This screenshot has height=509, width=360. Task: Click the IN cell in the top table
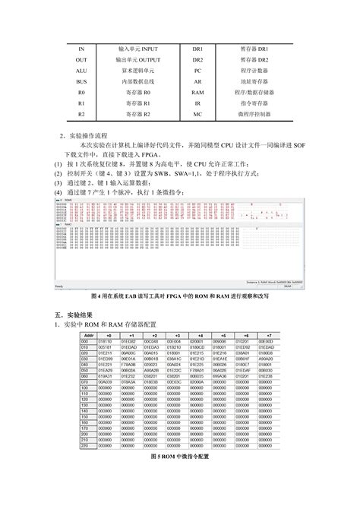pos(81,48)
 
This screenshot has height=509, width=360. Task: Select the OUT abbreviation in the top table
pos(81,58)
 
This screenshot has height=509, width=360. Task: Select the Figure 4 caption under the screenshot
pos(179,295)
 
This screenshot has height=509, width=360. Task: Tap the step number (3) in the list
pos(58,173)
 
